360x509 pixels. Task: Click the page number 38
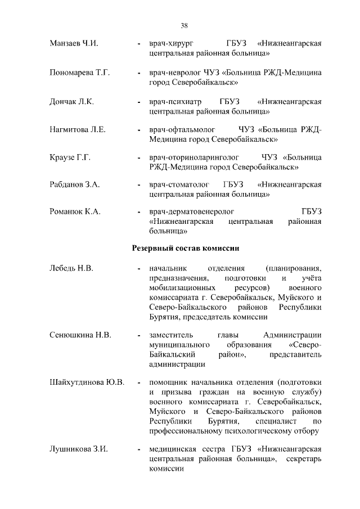(x=184, y=25)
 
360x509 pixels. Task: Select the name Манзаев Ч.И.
(x=74, y=43)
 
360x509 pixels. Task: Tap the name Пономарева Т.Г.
(x=79, y=73)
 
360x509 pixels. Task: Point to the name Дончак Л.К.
(x=71, y=102)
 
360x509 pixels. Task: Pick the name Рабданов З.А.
(x=75, y=184)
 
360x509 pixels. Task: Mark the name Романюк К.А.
(x=75, y=211)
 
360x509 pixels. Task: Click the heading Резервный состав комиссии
(x=186, y=247)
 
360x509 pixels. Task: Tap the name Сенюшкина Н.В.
(x=80, y=335)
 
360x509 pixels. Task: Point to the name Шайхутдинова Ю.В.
(x=87, y=382)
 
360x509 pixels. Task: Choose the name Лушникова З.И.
(x=78, y=450)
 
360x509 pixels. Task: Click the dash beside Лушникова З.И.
(x=139, y=451)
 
